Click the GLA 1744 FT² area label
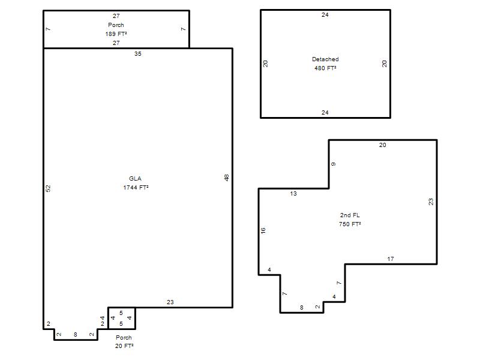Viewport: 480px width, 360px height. click(136, 183)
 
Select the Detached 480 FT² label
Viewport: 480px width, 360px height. click(325, 64)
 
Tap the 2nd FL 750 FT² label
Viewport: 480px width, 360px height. click(350, 220)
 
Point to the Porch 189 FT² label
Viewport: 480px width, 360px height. click(116, 29)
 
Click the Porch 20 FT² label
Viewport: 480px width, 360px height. click(124, 341)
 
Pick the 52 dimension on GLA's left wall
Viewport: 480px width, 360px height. click(48, 188)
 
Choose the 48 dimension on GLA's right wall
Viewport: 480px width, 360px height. click(227, 178)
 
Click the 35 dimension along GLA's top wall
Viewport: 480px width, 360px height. click(138, 54)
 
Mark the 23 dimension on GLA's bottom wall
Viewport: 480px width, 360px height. click(170, 302)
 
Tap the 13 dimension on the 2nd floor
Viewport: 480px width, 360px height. click(293, 193)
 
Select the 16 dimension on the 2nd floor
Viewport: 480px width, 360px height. click(263, 230)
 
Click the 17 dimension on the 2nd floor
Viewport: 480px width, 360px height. click(391, 259)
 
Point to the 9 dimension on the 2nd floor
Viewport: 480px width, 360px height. click(334, 164)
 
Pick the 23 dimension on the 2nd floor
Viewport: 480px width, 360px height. click(431, 202)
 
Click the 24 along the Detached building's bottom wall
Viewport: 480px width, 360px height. click(325, 113)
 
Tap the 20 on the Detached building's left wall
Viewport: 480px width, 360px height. click(265, 64)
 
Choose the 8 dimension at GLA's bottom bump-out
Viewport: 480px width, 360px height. click(76, 335)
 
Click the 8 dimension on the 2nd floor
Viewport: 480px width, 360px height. click(302, 307)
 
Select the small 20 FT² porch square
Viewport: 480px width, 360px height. click(122, 319)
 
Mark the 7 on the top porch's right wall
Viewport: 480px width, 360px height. click(184, 29)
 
